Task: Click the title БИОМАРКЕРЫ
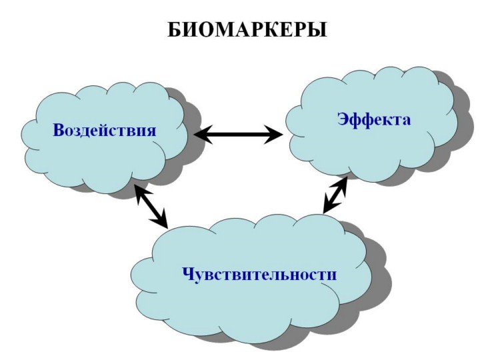click(x=247, y=30)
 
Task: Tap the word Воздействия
click(x=105, y=129)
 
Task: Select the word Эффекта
click(x=373, y=119)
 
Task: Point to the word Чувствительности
click(x=259, y=273)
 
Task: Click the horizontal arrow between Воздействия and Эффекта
click(x=238, y=135)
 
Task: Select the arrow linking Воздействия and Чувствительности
click(x=151, y=205)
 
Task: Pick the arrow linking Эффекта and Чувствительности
click(x=335, y=195)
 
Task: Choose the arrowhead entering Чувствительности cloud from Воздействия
click(x=162, y=220)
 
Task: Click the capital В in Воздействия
click(x=59, y=129)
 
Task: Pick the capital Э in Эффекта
click(x=342, y=119)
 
